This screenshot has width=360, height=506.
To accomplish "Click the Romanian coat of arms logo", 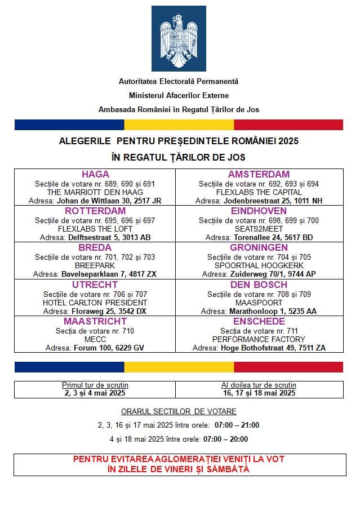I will pos(179,38).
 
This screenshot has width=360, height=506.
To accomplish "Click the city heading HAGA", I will pos(95,174).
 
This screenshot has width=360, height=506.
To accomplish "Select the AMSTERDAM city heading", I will pos(259,174).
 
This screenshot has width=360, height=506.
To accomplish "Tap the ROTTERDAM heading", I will pos(95,211).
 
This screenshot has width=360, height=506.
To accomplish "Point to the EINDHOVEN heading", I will pos(259,211).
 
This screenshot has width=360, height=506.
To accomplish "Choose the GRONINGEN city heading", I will pos(259,247).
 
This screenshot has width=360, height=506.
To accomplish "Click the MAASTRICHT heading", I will pos(95,321).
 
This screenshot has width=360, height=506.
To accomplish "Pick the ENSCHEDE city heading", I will pos(259,321).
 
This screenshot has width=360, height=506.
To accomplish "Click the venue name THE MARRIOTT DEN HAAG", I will pos(95,192).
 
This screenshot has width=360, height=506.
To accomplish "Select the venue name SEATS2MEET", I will pos(259,229).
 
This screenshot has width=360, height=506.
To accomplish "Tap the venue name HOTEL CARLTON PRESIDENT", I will pos(95,303).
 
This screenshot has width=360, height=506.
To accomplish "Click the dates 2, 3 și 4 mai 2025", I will pos(95,393).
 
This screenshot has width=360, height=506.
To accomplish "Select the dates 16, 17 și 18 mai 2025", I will pos(259,393).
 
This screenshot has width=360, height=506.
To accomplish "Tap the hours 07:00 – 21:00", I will pos(236,425).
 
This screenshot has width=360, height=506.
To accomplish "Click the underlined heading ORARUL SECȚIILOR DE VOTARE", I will pos(179,411).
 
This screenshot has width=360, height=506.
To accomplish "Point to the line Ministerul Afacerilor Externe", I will pos(179,96).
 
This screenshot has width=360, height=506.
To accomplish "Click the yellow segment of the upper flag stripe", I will pos(179,125).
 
